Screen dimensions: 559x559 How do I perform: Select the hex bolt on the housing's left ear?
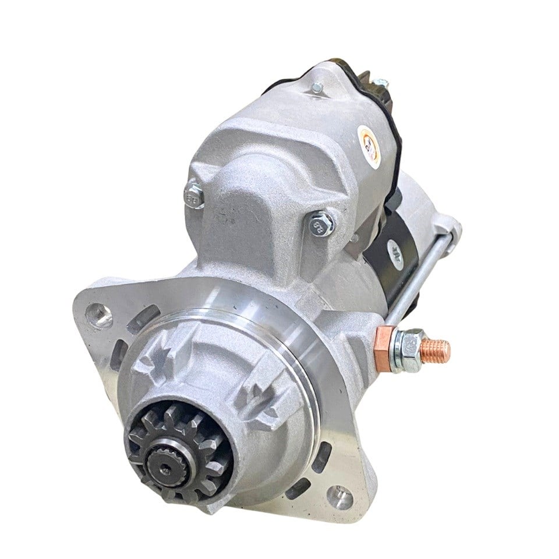point(194,195)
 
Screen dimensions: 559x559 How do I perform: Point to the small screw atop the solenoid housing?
point(317,89)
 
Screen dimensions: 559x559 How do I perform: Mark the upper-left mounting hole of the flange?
point(99,316)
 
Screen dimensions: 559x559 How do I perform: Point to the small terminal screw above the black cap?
point(382,83)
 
